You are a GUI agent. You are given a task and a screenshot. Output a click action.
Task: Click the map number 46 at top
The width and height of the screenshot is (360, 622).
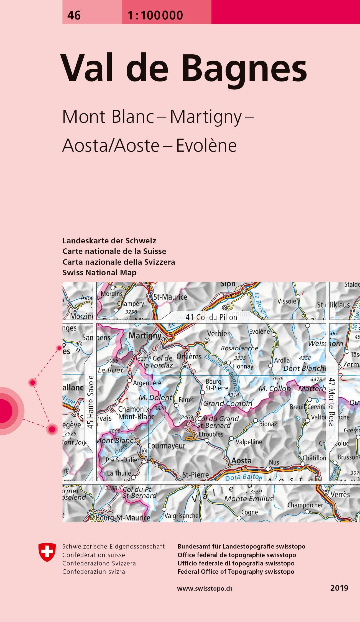click(74, 15)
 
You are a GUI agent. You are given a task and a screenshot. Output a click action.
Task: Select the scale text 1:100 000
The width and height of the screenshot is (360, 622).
click(155, 15)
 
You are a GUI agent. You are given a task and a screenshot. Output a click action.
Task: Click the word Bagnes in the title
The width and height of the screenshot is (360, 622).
click(244, 68)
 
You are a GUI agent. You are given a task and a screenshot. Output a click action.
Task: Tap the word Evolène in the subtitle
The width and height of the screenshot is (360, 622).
click(206, 145)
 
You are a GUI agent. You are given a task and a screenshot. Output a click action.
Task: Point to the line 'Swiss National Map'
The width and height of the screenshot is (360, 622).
click(99, 272)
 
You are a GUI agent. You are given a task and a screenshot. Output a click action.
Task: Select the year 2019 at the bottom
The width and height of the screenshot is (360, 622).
click(339, 588)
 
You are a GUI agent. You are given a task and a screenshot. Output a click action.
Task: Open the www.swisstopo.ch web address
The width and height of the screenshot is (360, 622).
click(205, 588)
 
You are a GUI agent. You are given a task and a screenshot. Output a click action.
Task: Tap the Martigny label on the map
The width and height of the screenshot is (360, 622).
click(145, 336)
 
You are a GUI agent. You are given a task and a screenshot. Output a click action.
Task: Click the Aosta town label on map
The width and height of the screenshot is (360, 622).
click(241, 461)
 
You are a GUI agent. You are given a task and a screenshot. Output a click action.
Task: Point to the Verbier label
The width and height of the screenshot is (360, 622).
click(218, 333)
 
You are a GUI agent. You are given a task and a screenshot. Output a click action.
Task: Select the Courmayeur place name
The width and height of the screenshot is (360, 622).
click(166, 446)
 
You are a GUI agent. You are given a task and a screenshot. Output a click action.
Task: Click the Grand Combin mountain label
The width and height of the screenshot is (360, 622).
click(228, 403)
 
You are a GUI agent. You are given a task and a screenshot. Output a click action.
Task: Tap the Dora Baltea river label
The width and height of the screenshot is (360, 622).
click(244, 477)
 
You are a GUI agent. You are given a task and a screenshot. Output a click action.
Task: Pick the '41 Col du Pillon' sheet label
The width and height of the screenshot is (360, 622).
click(211, 317)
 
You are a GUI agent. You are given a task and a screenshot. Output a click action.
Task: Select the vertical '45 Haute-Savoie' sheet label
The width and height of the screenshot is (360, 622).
click(90, 402)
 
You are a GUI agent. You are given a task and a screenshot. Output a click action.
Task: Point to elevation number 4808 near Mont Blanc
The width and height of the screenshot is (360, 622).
click(114, 431)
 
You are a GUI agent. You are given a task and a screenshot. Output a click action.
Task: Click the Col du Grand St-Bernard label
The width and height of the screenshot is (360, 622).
click(218, 422)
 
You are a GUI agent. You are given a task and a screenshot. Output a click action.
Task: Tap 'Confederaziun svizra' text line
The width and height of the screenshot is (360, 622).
click(94, 572)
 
